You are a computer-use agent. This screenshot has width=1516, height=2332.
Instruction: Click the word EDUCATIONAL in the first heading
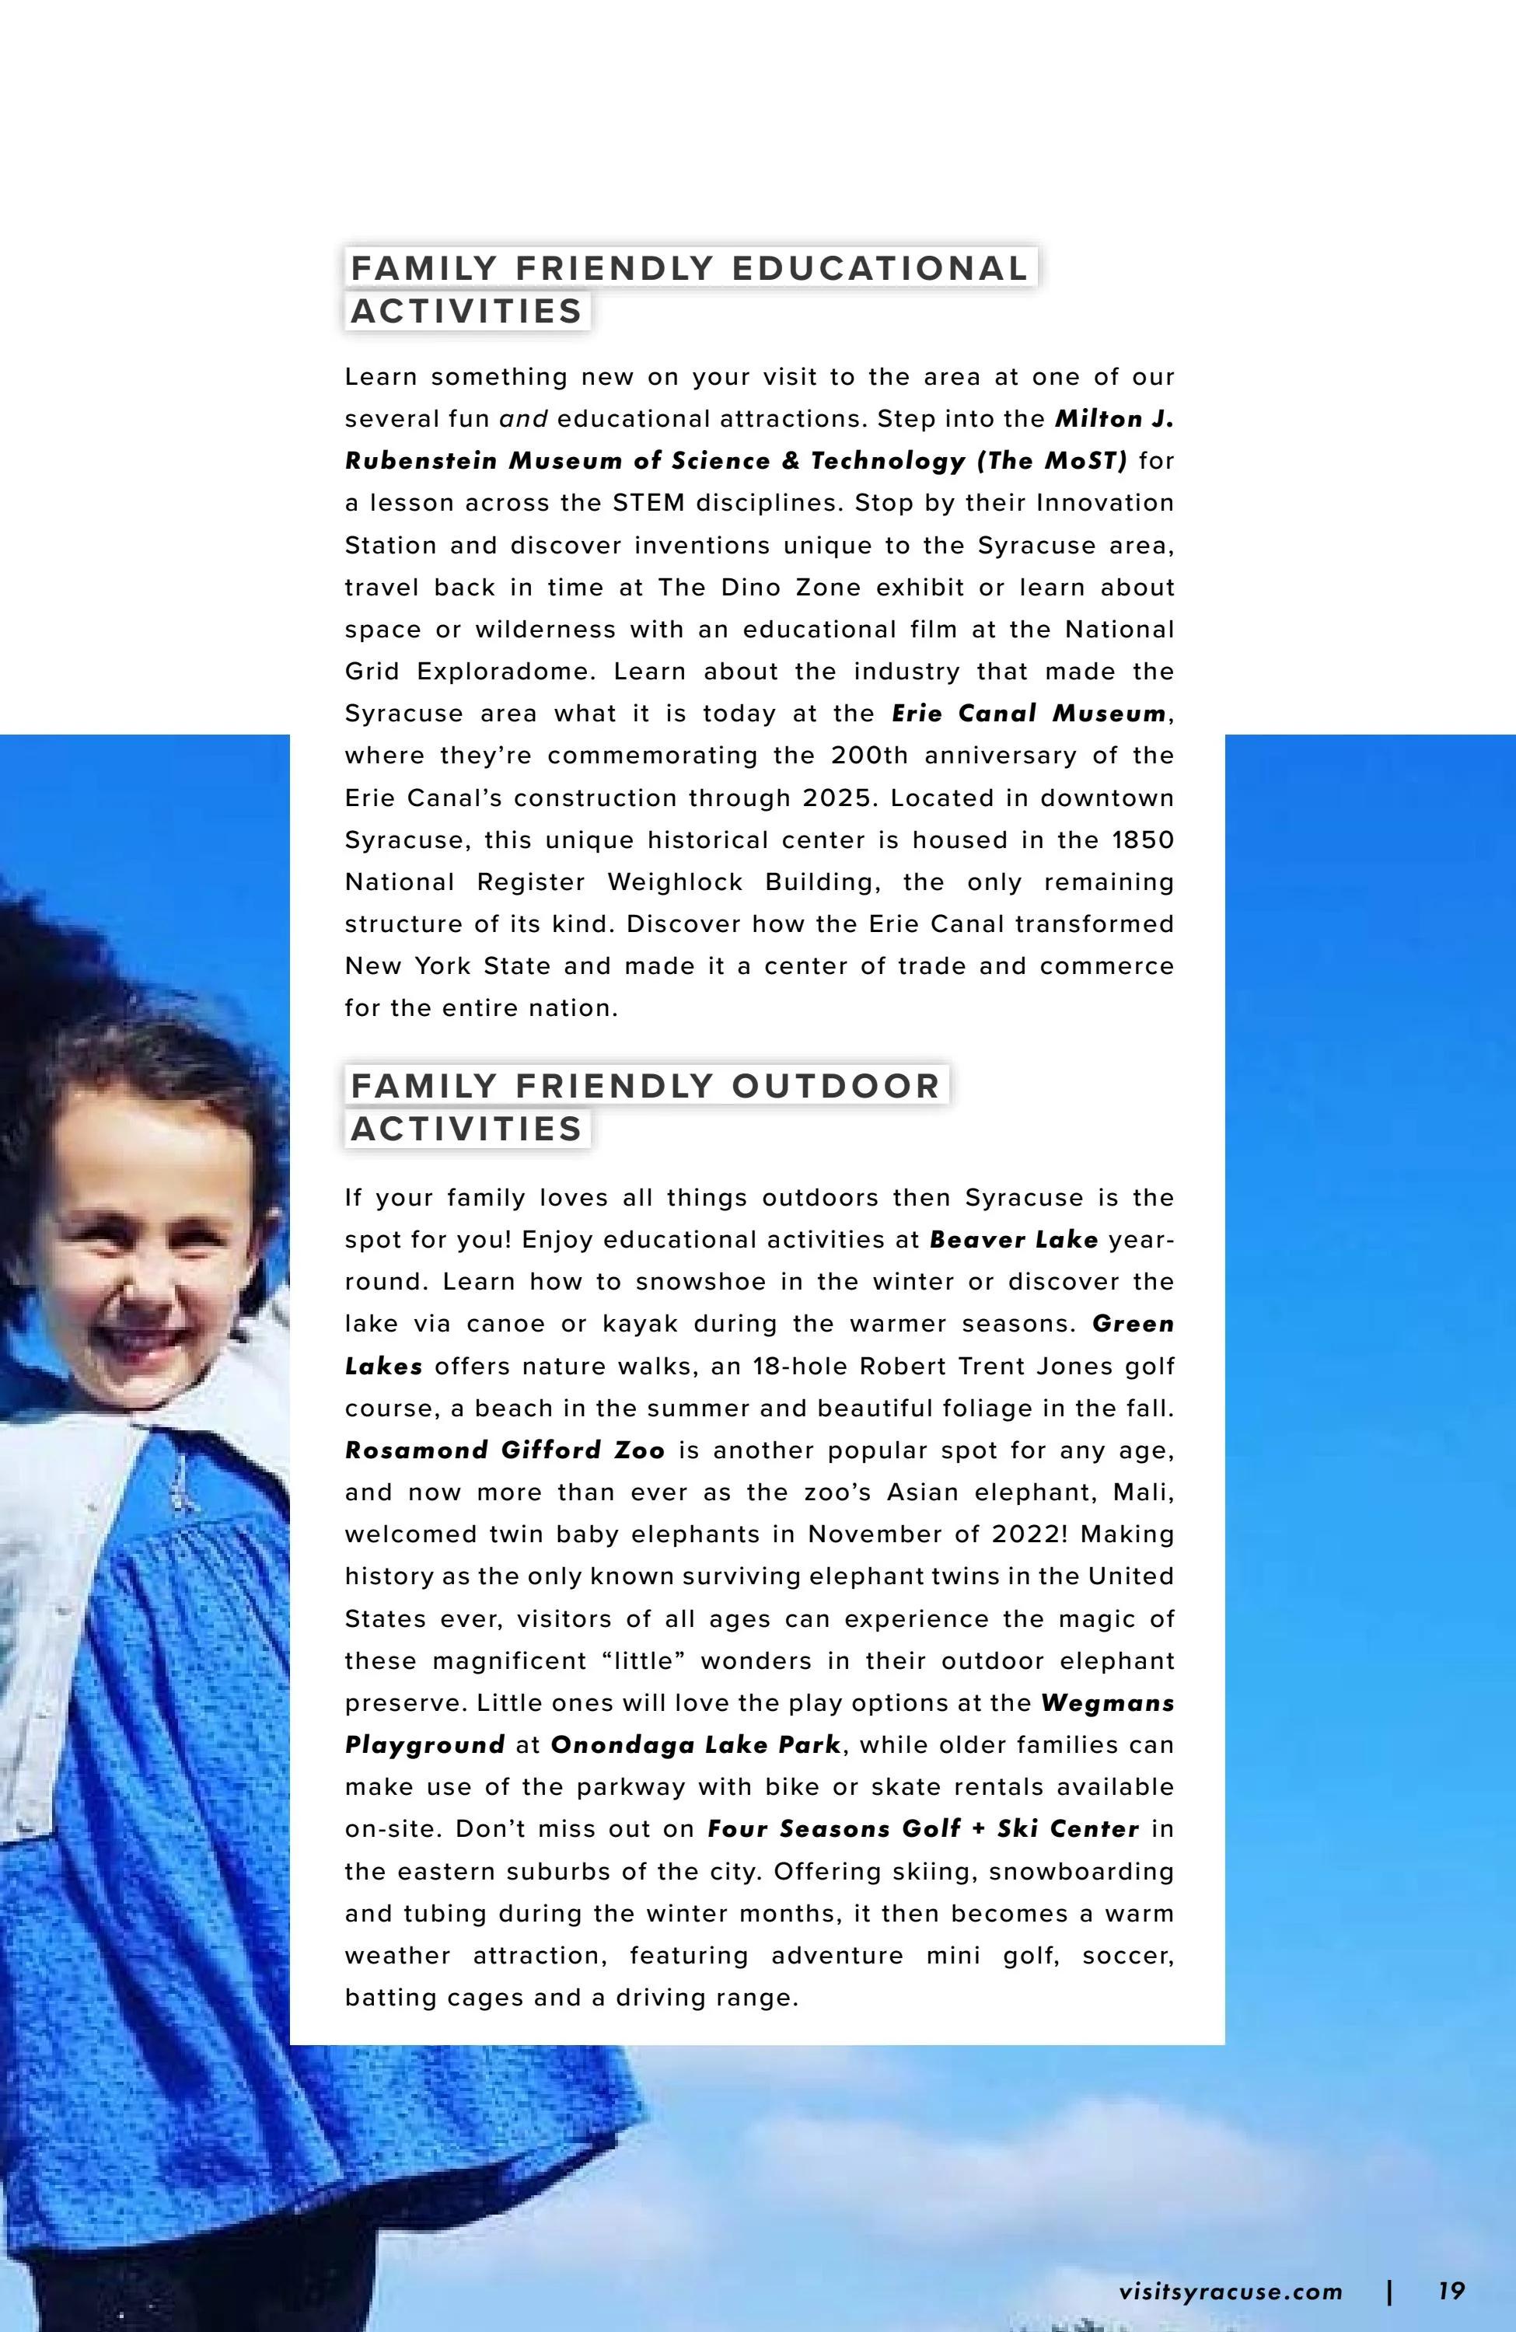pos(879,267)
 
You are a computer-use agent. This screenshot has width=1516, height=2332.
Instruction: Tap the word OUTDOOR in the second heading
pos(835,1086)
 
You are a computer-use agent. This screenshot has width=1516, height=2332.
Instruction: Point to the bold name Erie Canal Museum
pos(1029,714)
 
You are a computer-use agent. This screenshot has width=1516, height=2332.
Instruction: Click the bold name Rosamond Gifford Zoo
pos(505,1451)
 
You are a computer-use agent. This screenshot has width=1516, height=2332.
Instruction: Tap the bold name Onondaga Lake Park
pos(696,1745)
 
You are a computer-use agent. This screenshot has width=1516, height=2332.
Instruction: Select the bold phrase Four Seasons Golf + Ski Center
pos(923,1829)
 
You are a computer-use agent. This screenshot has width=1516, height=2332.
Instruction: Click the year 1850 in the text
pos(1143,840)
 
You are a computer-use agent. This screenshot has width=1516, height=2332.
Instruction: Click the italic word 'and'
pos(523,419)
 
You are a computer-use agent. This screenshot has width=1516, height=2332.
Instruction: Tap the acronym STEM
pos(648,503)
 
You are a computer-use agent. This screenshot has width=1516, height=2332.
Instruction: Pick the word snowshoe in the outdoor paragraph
pos(696,1282)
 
